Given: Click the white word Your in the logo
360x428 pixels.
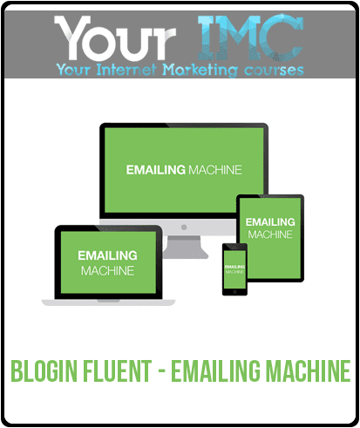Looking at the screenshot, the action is (x=115, y=37).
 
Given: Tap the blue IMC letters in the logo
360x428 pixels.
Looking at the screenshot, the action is (x=250, y=37).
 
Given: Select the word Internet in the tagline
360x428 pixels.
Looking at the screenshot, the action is (x=126, y=70).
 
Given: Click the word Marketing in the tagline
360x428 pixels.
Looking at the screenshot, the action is (x=200, y=71).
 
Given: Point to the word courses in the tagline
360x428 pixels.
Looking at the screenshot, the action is (x=274, y=71).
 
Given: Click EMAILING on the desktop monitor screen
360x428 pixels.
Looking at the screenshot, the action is (x=156, y=170).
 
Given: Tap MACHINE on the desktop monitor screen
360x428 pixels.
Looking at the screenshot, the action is (x=215, y=170).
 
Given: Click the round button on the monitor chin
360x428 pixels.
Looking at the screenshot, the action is (x=184, y=227).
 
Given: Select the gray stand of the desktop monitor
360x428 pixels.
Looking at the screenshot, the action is (x=184, y=247).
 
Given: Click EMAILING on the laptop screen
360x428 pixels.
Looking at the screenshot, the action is (x=107, y=255).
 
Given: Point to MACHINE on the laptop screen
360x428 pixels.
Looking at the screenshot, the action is (x=107, y=271).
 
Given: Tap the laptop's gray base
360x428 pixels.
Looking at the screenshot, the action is (x=108, y=302).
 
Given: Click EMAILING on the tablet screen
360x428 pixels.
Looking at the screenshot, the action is (x=270, y=222).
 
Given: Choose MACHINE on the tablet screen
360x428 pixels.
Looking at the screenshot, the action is (x=270, y=234).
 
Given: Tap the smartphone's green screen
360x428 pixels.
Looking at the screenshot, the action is (x=234, y=269).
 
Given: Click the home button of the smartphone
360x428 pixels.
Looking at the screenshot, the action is (x=234, y=291).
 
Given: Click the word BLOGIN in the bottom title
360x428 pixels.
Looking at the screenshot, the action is (x=44, y=370).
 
